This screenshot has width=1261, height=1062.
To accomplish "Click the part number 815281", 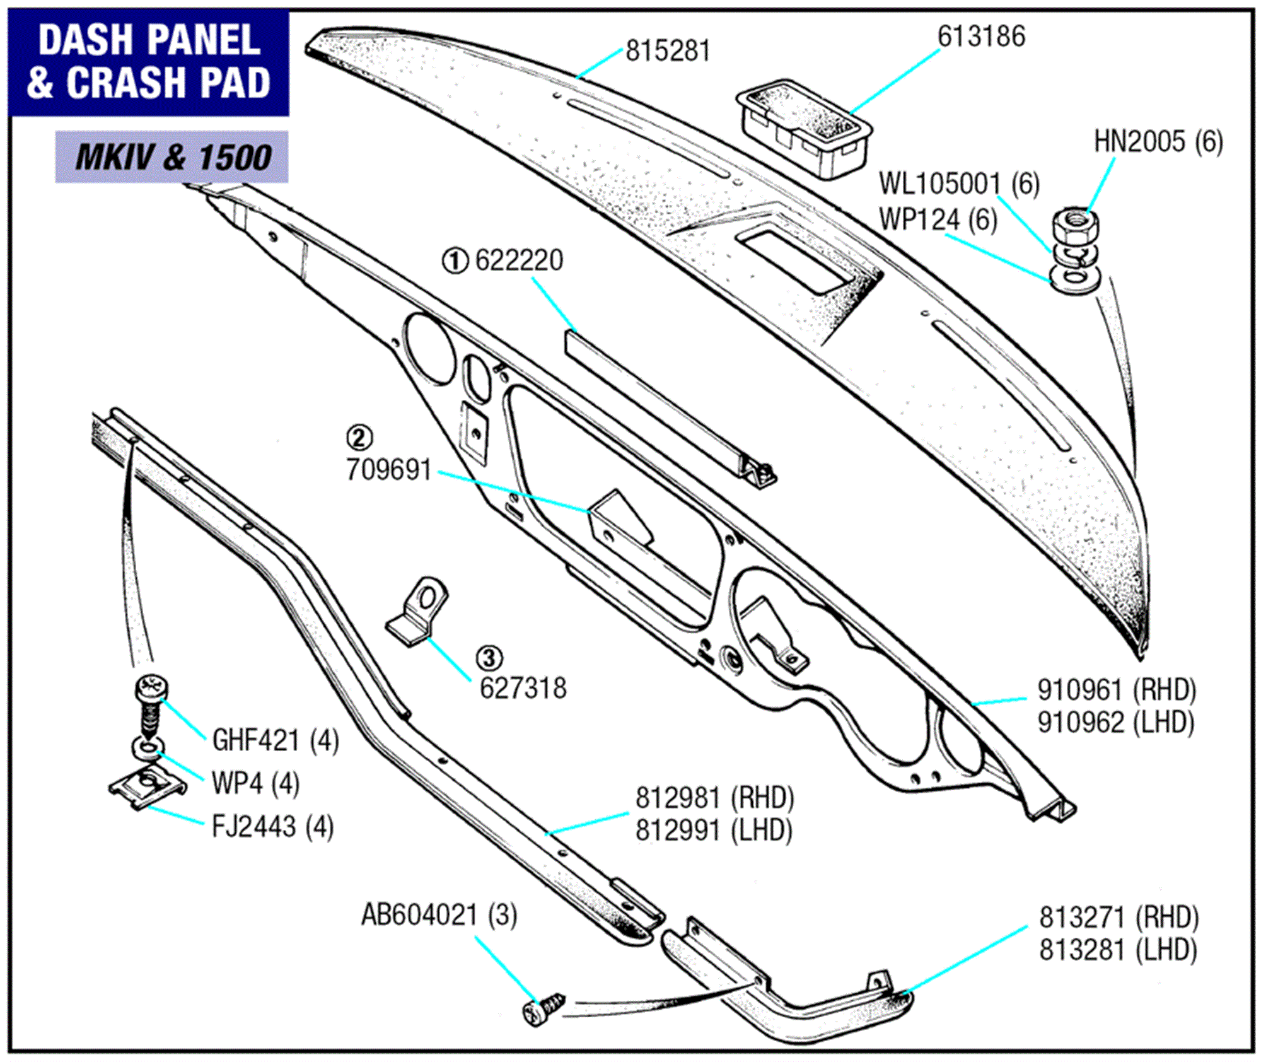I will [x=668, y=51].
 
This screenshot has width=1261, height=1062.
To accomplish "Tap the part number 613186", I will [x=981, y=37].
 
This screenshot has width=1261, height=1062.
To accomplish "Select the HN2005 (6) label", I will [x=1158, y=142].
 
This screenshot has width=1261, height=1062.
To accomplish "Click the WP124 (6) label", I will [x=938, y=220].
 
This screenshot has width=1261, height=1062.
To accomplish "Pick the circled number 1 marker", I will [x=455, y=260].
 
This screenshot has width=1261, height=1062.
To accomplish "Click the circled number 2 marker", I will [x=359, y=437].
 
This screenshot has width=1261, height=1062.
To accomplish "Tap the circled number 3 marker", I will [x=489, y=658].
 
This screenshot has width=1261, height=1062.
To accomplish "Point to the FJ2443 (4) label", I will [x=272, y=827].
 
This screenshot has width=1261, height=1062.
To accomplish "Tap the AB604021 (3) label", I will [x=439, y=914].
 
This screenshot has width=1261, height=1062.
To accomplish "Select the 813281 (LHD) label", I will [x=1118, y=950].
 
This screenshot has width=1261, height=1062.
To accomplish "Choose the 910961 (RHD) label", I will [x=1117, y=690].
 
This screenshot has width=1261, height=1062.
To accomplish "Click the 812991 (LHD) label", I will [x=714, y=830].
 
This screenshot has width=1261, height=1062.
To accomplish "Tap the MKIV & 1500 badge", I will [x=171, y=157].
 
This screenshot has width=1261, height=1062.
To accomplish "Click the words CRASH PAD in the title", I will [x=168, y=83].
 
